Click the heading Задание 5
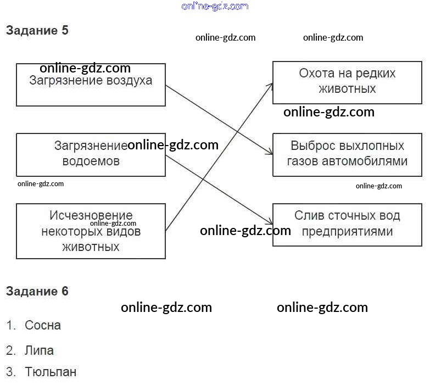point(37,30)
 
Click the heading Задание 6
point(37,291)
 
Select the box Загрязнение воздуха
point(91,85)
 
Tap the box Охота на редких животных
point(347,82)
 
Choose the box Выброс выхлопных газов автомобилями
point(347,155)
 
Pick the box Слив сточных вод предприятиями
point(347,225)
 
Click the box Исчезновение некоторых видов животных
point(91,231)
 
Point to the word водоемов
point(91,161)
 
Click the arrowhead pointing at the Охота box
point(271,84)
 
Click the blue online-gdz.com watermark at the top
point(215,6)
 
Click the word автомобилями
point(365,161)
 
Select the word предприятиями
point(347,232)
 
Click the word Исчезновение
point(91,215)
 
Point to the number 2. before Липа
point(10,351)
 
